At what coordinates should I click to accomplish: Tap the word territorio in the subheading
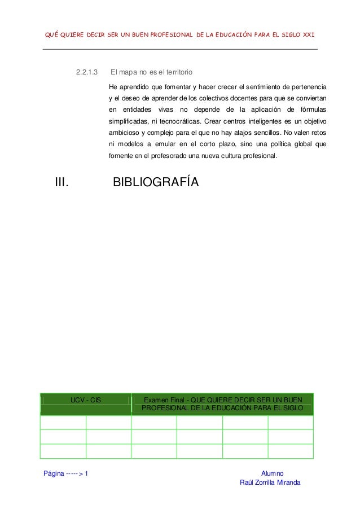[x=175, y=72]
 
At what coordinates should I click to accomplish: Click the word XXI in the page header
[x=307, y=36]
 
